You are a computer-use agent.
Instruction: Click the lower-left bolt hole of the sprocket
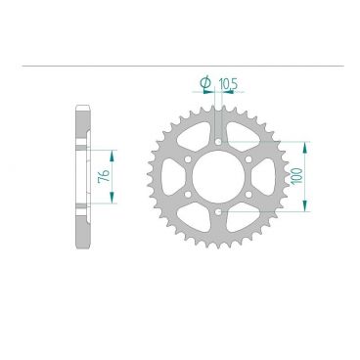pos(183,196)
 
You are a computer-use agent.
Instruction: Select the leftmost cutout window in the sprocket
pos(168,177)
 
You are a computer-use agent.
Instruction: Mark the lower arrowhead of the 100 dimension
pos(307,208)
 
